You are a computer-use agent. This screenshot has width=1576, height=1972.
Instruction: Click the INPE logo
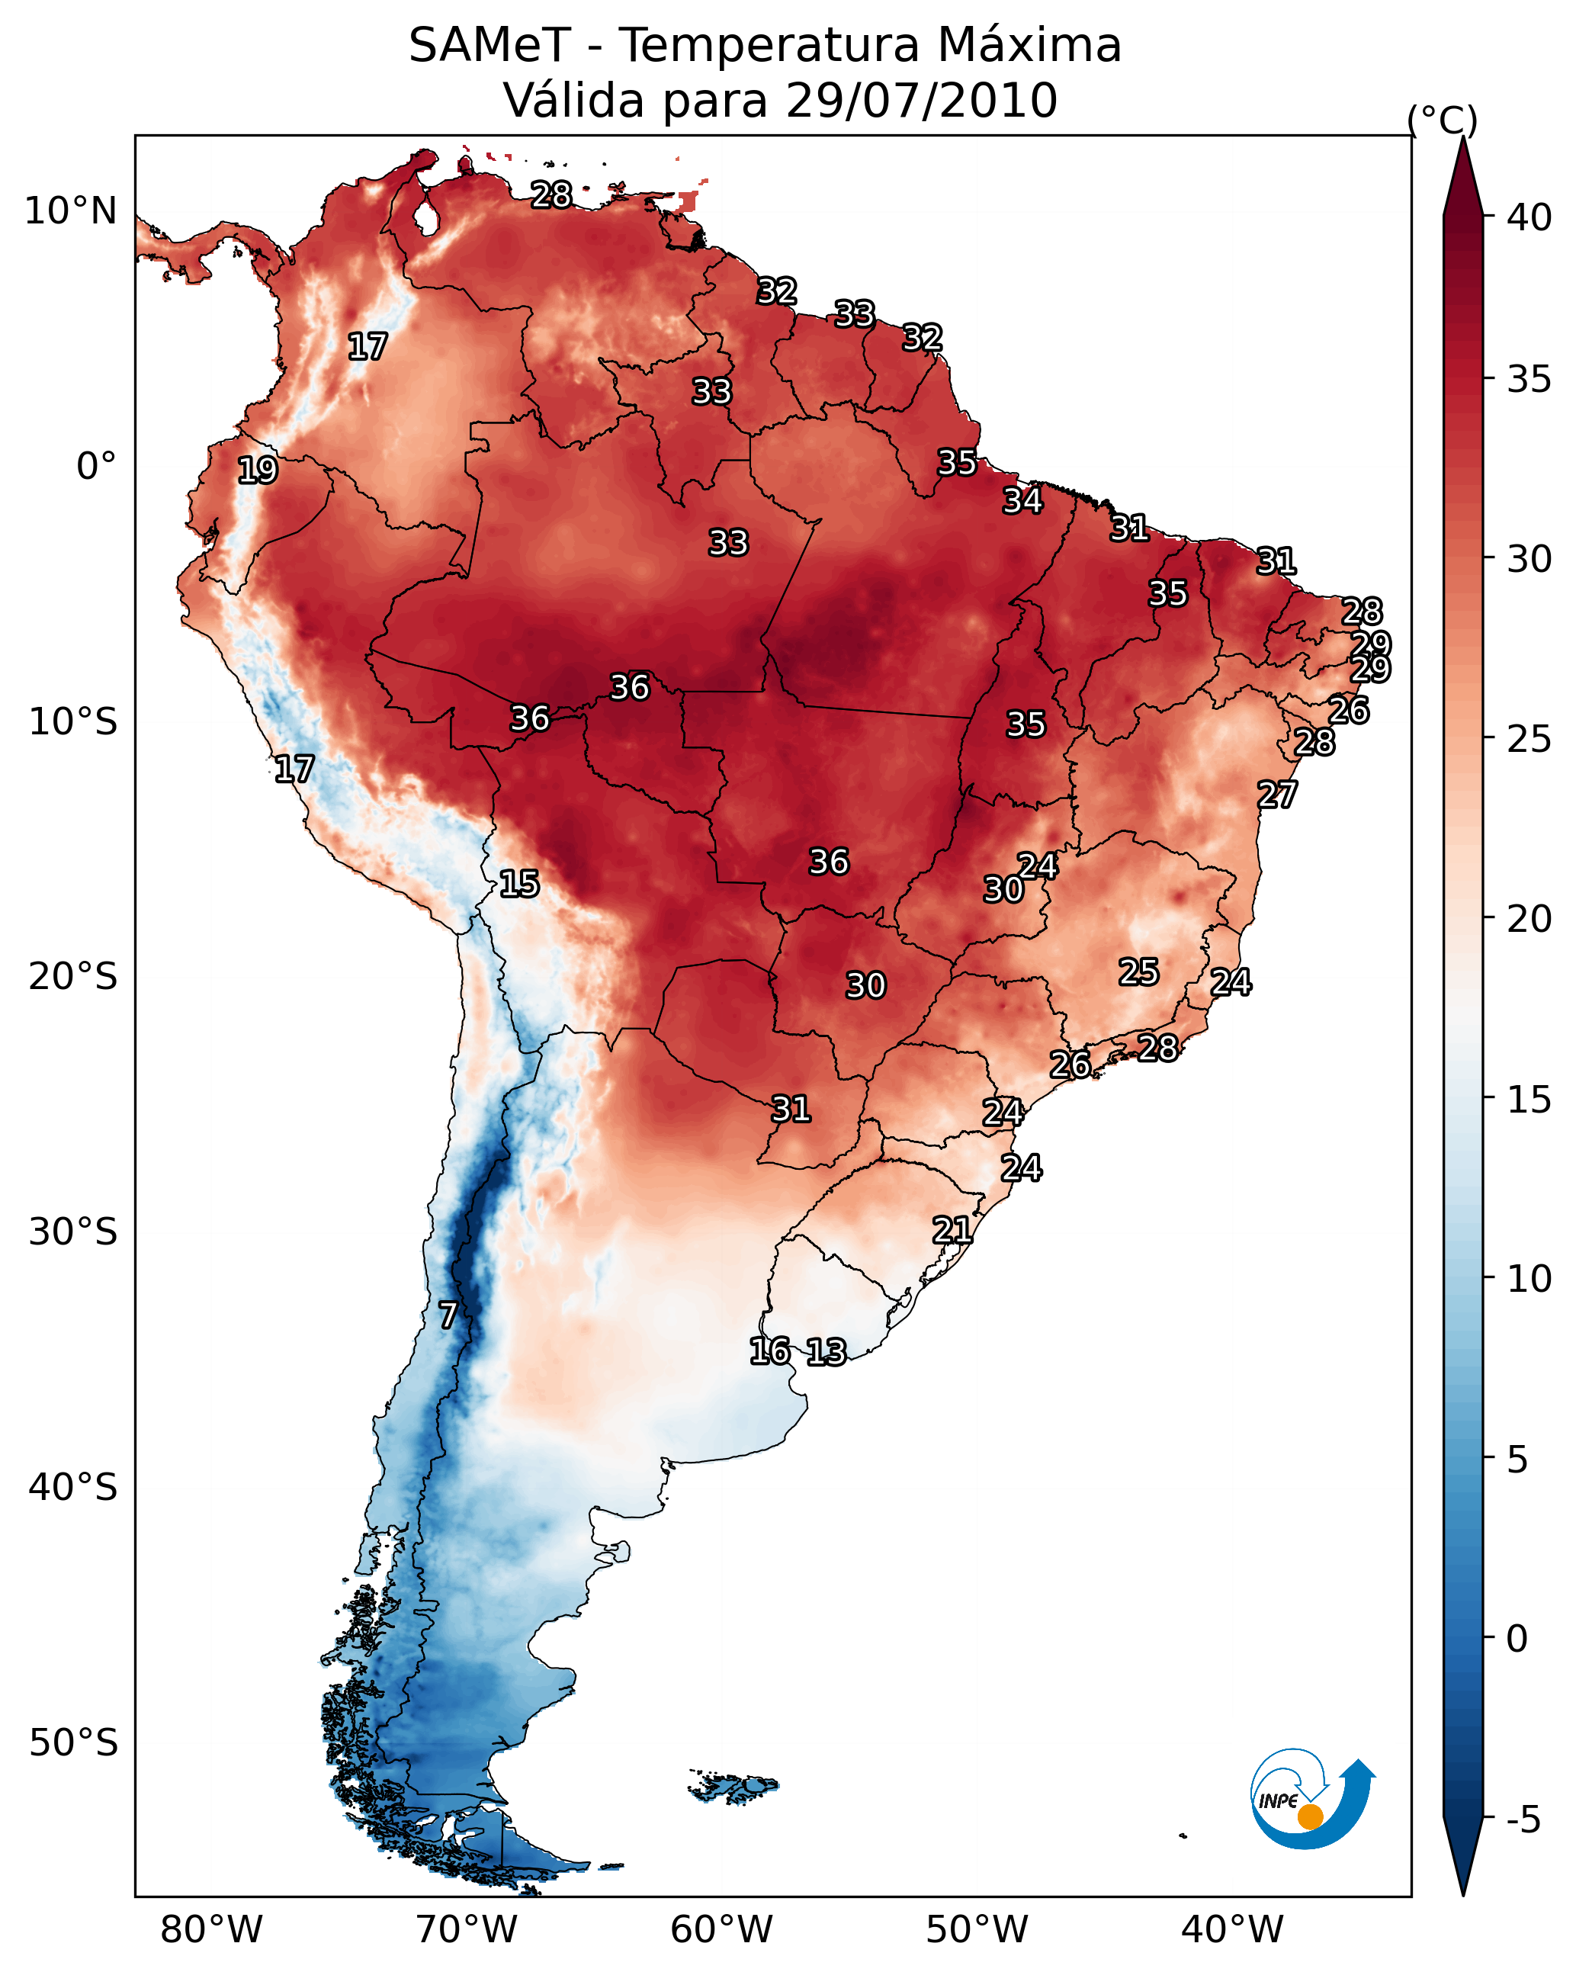coord(1313,1803)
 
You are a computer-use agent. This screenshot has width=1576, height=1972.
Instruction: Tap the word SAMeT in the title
coord(489,46)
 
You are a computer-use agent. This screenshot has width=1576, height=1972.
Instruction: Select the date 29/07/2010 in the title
coord(921,101)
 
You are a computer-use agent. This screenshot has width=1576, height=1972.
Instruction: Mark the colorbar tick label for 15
coord(1529,1100)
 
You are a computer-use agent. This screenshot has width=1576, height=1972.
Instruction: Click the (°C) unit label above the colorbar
coord(1443,120)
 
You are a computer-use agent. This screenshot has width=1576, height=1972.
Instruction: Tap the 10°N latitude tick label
coord(70,211)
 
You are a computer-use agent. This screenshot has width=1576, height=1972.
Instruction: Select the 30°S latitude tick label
coord(73,1232)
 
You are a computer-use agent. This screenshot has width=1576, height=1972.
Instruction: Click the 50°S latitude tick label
coord(73,1743)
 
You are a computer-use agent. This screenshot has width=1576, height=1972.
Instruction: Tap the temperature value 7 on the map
coord(448,1315)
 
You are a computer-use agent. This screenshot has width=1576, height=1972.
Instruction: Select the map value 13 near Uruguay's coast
coord(826,1352)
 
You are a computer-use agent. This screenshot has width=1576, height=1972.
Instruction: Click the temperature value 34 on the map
coord(1022,500)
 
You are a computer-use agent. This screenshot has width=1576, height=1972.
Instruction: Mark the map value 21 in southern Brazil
coord(952,1229)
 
